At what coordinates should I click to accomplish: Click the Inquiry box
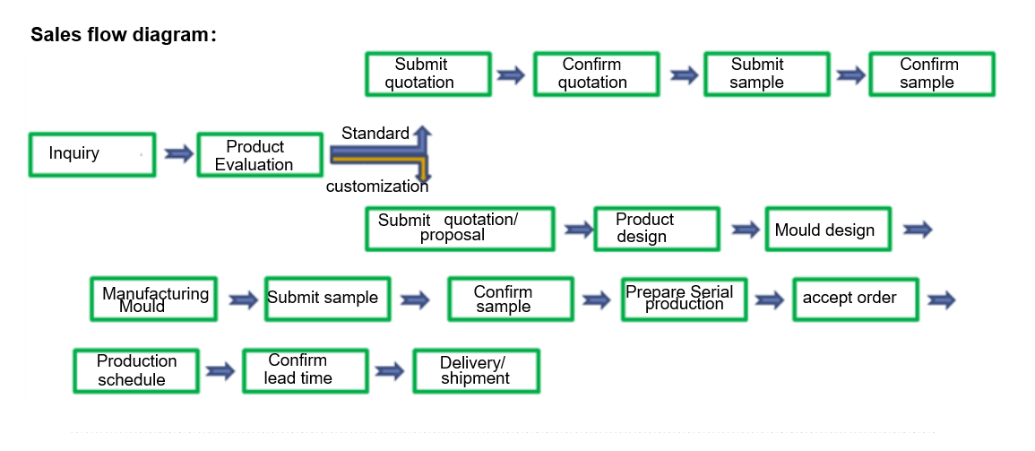(92, 154)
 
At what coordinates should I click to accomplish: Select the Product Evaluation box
(260, 155)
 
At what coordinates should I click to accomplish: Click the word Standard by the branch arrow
(375, 134)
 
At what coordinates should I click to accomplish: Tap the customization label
(377, 186)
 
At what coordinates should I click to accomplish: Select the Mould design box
(828, 230)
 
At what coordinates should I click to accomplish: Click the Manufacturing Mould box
(154, 299)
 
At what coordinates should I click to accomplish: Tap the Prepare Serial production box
(685, 299)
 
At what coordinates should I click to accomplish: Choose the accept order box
(856, 299)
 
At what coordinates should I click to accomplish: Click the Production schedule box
(136, 371)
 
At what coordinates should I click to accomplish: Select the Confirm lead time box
(305, 371)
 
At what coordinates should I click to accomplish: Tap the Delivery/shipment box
(476, 371)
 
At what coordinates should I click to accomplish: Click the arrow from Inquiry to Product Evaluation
(178, 154)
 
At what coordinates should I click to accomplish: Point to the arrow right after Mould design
(918, 230)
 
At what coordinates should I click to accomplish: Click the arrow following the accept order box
(941, 299)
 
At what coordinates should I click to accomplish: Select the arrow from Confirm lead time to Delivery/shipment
(390, 371)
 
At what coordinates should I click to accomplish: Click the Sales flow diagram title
(124, 34)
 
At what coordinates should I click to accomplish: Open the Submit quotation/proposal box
(460, 229)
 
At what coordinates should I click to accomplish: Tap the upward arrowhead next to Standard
(423, 132)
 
